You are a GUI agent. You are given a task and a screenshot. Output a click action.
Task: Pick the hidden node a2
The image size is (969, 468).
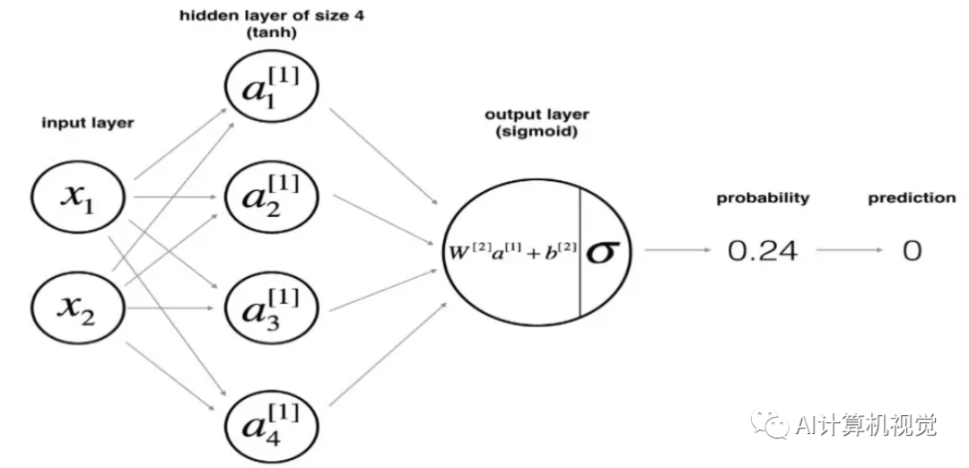tap(272, 197)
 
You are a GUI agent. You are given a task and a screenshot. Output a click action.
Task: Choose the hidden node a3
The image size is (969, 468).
tap(272, 308)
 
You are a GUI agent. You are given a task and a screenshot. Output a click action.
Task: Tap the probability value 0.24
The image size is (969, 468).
tap(762, 251)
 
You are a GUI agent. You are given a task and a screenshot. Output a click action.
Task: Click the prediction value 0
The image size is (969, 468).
tap(912, 251)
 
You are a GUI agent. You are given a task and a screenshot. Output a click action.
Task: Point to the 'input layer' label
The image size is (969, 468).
tap(87, 123)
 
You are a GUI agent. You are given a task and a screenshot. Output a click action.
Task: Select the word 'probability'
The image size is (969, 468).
tap(762, 198)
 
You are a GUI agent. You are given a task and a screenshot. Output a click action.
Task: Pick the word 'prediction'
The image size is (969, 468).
tap(911, 198)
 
